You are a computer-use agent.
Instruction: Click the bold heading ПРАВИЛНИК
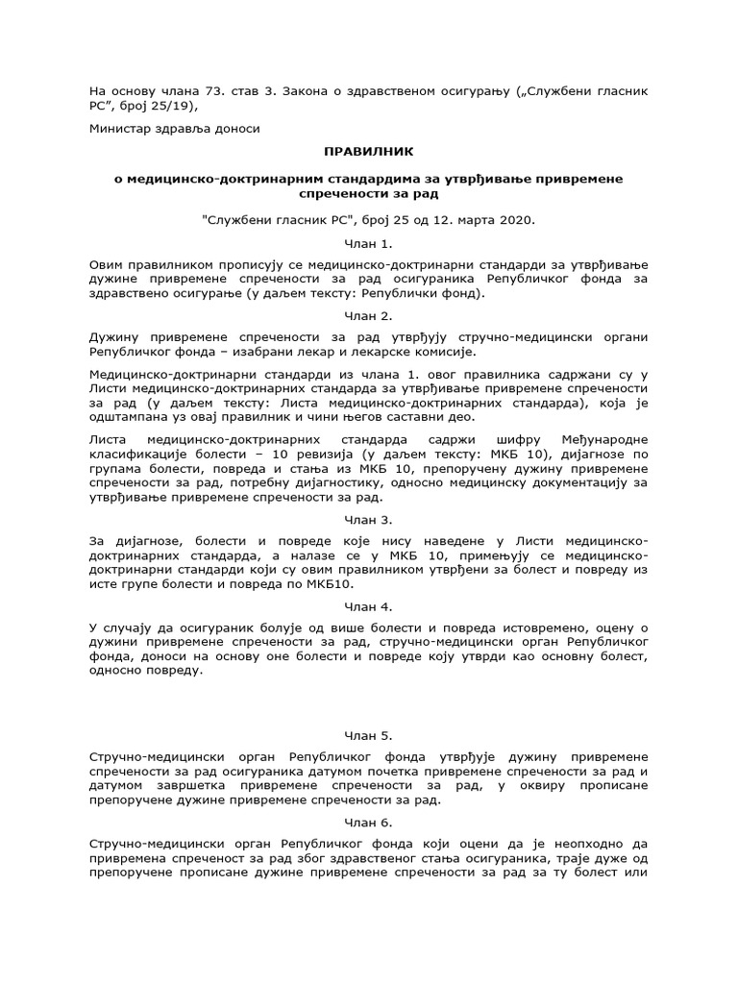(369, 152)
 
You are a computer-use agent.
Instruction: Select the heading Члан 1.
(369, 244)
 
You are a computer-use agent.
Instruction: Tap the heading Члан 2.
(369, 314)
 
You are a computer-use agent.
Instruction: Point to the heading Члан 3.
(369, 520)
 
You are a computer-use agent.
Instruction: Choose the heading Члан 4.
(369, 606)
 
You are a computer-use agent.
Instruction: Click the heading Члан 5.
(369, 735)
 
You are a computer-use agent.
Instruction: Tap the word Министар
(123, 128)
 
